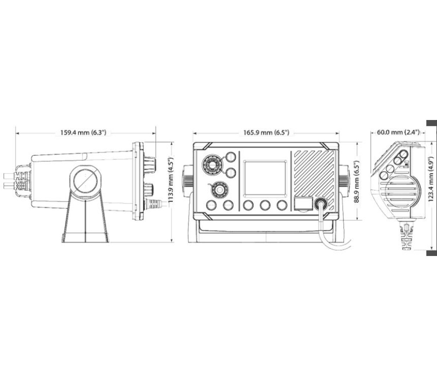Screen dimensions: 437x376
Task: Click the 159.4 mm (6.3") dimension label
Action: (84, 132)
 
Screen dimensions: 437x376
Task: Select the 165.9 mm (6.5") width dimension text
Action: (266, 132)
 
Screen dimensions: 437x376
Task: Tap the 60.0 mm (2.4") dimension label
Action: (398, 132)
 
